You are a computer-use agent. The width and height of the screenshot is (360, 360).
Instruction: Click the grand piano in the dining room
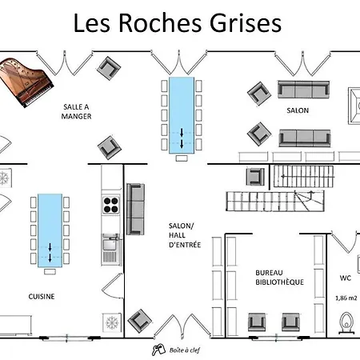26,81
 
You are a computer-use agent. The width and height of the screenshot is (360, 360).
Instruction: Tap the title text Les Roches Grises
177,23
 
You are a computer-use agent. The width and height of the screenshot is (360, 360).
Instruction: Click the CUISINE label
42,296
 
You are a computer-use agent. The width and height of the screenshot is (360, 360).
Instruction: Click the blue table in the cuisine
49,230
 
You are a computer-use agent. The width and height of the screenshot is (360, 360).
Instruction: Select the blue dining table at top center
181,114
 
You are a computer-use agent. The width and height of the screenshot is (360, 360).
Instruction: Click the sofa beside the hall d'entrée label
136,207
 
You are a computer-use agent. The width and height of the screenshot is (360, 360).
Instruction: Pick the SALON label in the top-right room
298,110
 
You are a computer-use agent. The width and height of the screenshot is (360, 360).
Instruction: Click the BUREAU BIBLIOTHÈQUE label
279,277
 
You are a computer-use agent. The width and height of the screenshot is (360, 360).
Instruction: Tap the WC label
345,278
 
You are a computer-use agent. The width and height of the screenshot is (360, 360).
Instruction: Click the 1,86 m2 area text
346,298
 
